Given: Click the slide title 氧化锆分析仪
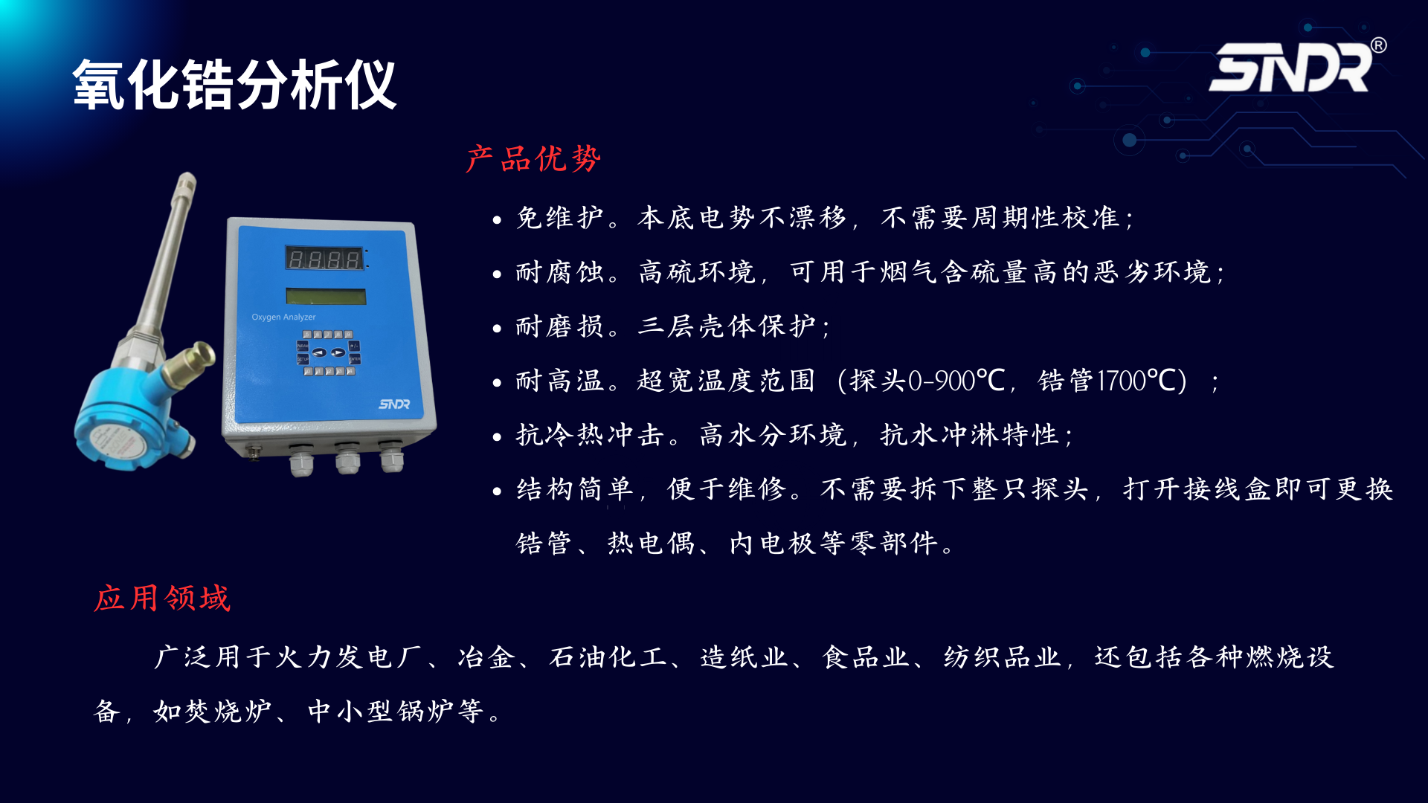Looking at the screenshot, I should click(234, 86).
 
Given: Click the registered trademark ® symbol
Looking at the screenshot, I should click(1378, 45).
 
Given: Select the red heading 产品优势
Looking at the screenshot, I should click(533, 159).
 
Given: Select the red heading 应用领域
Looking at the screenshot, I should click(162, 599).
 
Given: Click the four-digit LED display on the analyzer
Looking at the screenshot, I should click(325, 259).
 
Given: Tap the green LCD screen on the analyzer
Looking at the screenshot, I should click(326, 297).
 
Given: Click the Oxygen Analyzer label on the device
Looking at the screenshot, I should click(283, 317).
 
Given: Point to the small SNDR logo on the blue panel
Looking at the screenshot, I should click(394, 404).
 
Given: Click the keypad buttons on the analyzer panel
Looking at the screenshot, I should click(328, 353).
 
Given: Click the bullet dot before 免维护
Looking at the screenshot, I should click(497, 219).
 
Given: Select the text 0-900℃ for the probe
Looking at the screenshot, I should click(956, 381).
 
